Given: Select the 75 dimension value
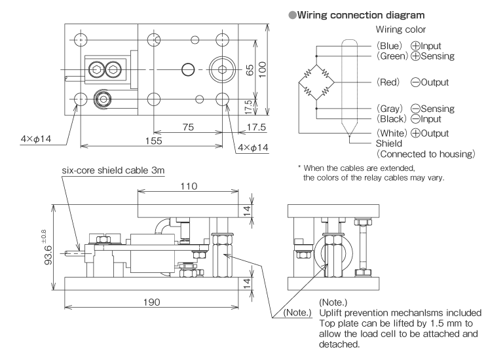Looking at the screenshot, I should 188,128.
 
